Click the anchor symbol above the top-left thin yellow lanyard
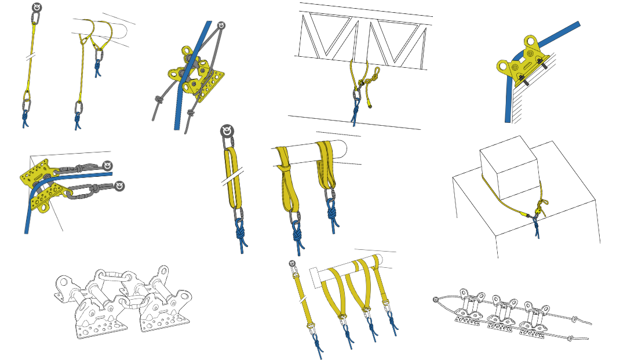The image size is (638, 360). tap(37, 7)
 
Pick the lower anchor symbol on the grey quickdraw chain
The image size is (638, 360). tap(120, 187)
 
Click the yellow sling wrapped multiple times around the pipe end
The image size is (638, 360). tap(324, 157)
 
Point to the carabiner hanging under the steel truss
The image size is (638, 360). tap(358, 94)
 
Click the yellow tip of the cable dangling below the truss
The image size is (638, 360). tap(370, 107)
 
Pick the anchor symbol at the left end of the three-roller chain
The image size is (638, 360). tap(436, 300)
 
